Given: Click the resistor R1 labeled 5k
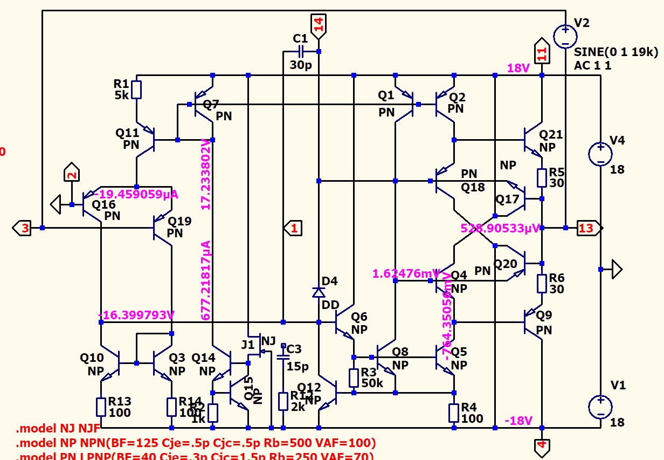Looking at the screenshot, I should tap(137, 90).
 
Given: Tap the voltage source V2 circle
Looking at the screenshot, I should tap(565, 36).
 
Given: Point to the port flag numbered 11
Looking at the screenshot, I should tap(542, 52).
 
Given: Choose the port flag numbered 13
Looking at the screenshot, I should tap(587, 228).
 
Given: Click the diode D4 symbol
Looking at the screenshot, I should tap(319, 292).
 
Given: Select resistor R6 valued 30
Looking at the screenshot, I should tap(542, 283).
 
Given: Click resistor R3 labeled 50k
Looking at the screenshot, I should tap(354, 378).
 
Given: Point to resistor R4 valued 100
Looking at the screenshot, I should tap(454, 413).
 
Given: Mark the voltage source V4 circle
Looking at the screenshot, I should tap(599, 154).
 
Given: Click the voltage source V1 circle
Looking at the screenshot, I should tap(599, 407).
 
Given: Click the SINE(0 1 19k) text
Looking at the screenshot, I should tap(616, 52).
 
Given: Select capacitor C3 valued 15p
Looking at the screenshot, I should tap(283, 357).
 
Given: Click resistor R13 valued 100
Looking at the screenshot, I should tap(101, 407).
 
